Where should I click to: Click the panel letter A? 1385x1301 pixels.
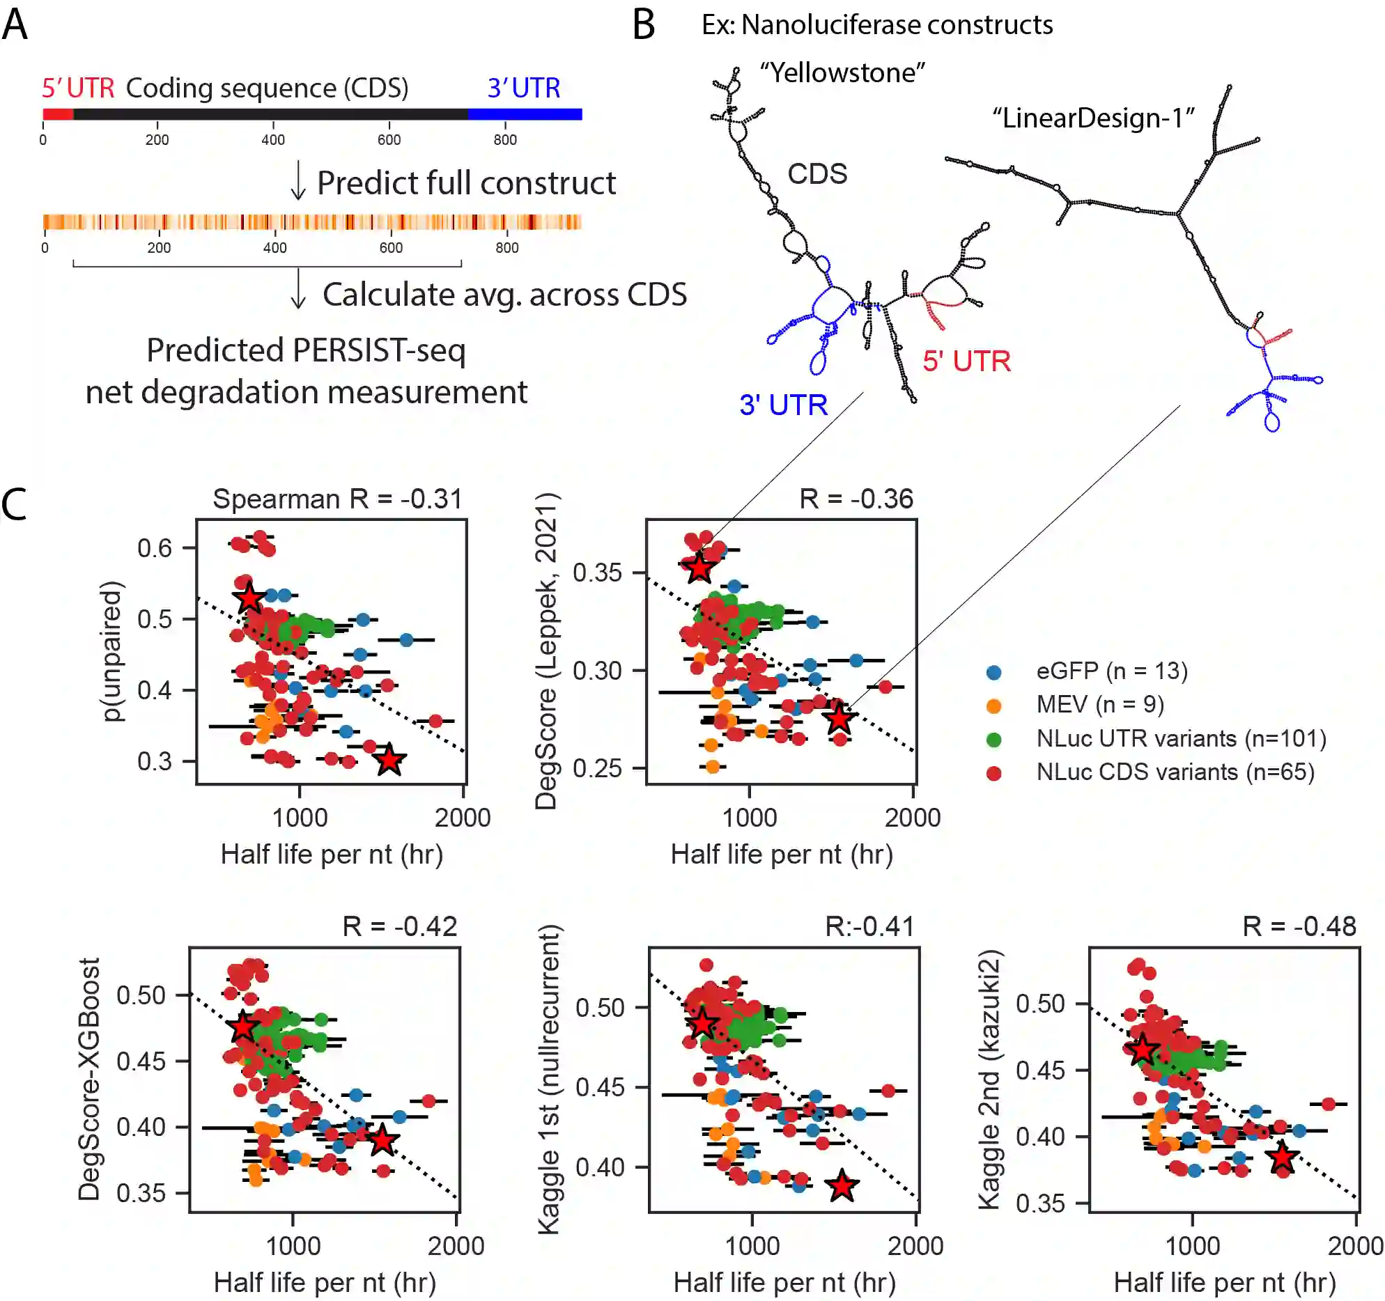[x=15, y=25]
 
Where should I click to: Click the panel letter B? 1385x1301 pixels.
[x=643, y=25]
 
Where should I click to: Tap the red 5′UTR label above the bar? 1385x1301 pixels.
[x=78, y=88]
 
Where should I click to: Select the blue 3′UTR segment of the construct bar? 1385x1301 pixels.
[x=525, y=114]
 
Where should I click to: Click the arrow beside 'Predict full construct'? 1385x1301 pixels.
[x=298, y=180]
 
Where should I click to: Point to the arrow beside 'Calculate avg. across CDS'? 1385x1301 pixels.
[x=298, y=289]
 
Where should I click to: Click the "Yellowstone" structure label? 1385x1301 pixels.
[x=842, y=72]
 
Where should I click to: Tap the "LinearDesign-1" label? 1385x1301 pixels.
[x=1093, y=118]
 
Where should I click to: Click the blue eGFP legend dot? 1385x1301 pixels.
[x=994, y=672]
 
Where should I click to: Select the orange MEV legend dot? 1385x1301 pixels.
[x=994, y=706]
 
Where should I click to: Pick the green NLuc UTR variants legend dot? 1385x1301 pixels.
[x=994, y=740]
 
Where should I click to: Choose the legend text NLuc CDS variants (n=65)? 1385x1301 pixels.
[x=1175, y=772]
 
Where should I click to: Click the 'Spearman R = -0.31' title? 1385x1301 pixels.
[x=337, y=499]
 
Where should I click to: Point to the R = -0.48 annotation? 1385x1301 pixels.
[x=1299, y=926]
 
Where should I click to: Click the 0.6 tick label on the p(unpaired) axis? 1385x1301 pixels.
[x=154, y=548]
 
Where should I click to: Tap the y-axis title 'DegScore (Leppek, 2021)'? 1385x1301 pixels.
[x=546, y=651]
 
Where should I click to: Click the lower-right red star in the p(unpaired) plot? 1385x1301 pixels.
[x=389, y=760]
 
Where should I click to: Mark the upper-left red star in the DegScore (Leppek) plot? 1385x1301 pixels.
[x=699, y=568]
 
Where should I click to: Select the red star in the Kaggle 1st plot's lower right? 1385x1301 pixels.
[x=842, y=1185]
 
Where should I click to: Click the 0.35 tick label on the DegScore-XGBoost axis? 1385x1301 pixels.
[x=141, y=1193]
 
